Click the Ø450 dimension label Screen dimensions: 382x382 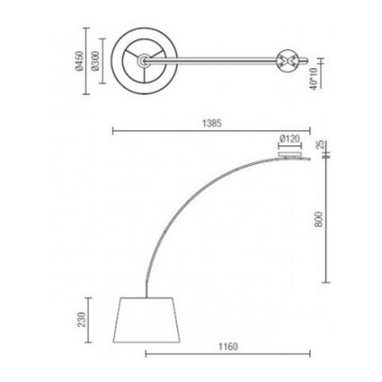[80, 61]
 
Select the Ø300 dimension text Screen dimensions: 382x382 [95, 61]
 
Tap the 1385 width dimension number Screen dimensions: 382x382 [212, 123]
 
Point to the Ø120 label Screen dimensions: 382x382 [290, 139]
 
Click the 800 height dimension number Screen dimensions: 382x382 [319, 219]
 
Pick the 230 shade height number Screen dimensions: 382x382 [82, 319]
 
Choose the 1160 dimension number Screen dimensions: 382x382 [228, 347]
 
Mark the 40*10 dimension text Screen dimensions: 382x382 [313, 79]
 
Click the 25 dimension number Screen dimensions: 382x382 [319, 145]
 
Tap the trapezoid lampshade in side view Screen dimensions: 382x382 [146, 320]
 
